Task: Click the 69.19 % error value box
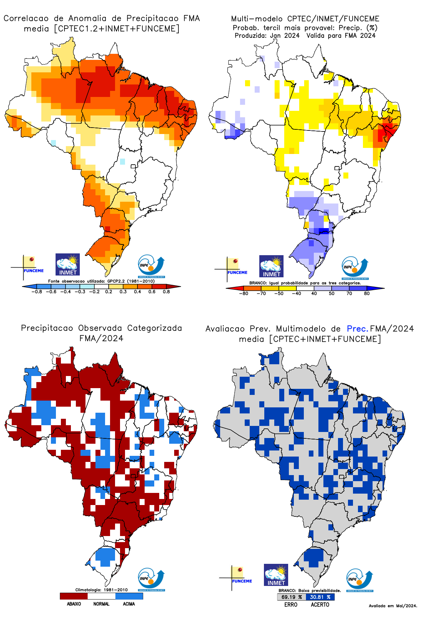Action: (291, 597)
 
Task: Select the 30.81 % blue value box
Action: (320, 597)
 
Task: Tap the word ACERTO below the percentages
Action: (320, 604)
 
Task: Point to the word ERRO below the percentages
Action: (291, 604)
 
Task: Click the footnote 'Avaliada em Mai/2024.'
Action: (393, 606)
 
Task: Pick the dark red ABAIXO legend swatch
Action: (74, 596)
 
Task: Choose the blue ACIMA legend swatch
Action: (129, 596)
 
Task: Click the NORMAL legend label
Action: (101, 604)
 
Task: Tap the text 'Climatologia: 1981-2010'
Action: (101, 590)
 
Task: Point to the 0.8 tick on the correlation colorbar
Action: (166, 292)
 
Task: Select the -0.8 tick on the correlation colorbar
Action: (37, 292)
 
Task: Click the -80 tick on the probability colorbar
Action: (244, 293)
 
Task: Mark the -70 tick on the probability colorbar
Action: (261, 293)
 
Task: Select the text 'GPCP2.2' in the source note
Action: (116, 281)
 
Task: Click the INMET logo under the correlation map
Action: (68, 264)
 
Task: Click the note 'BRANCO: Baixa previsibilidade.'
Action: (310, 591)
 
